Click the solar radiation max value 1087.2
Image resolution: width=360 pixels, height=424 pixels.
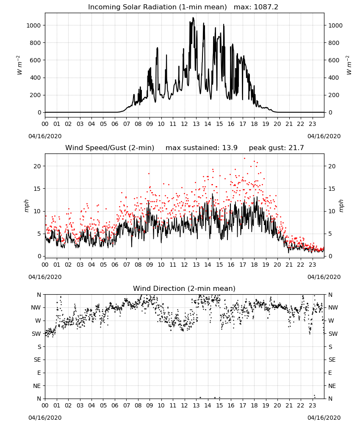tap(266, 7)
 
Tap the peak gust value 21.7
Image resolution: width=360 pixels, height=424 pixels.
tap(295, 148)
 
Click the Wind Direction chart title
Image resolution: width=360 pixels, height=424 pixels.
tap(184, 288)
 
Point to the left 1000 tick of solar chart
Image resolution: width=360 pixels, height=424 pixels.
tap(33, 25)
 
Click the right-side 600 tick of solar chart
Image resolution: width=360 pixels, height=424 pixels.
tap(334, 60)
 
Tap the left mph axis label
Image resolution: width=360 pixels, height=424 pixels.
tap(26, 206)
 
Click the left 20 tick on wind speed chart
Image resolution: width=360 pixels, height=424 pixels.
tap(37, 166)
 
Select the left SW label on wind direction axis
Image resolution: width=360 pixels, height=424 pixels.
tap(36, 334)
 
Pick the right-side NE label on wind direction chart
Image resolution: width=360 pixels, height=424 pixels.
tap(332, 386)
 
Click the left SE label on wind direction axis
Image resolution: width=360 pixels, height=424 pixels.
tap(37, 360)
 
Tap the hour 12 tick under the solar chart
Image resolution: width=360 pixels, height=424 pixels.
tap(185, 124)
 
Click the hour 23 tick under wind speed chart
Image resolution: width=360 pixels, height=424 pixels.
tap(312, 265)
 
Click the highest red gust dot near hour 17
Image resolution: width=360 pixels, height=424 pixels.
tap(245, 159)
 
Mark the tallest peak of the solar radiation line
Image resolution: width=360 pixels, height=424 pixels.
tap(193, 17)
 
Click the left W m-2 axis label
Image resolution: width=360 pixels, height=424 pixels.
tap(19, 65)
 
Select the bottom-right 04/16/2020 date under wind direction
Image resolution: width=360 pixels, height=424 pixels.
tap(324, 418)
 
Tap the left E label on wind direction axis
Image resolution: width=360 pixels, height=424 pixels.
tap(39, 373)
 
